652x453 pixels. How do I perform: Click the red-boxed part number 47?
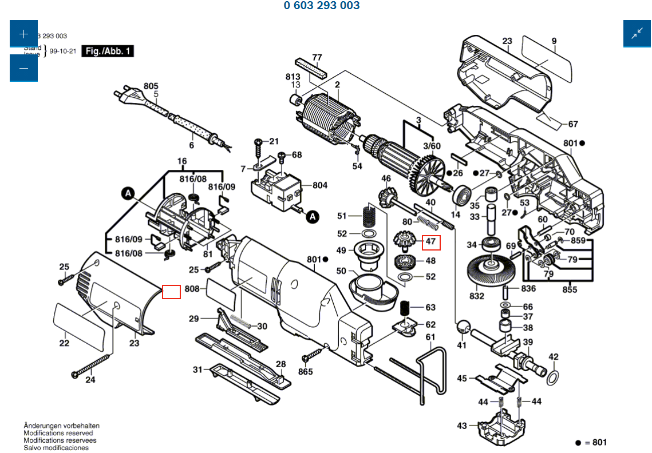431,243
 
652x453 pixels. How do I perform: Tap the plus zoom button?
23,34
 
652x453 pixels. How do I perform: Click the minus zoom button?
23,68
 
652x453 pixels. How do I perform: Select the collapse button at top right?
637,34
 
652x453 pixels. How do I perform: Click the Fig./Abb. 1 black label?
108,51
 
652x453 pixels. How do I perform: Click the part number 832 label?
477,296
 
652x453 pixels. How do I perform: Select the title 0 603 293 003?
322,6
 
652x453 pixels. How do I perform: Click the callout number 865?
306,372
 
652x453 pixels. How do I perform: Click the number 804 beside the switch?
320,185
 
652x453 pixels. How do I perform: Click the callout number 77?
317,57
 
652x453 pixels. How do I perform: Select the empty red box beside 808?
172,292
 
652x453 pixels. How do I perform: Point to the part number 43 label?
462,426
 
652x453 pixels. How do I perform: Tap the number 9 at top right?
554,41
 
